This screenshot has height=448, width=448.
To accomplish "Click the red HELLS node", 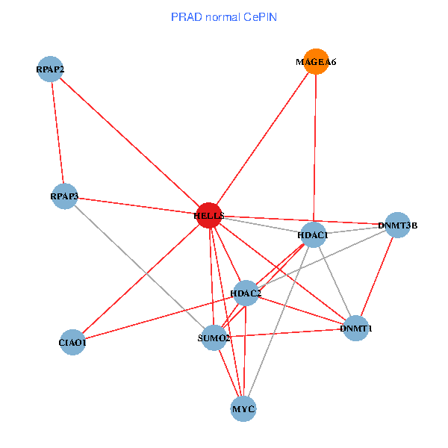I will click(209, 215).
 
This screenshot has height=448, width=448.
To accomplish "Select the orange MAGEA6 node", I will click(316, 62).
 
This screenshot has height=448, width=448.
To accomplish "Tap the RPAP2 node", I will click(50, 69).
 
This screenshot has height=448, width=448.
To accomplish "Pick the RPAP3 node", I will click(64, 196).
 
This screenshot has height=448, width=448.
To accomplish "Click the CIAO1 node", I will click(72, 343).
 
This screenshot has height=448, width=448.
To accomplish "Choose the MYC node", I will click(243, 408).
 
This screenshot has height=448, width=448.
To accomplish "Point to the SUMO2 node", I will click(214, 338).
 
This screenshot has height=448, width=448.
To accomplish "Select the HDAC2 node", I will click(246, 293).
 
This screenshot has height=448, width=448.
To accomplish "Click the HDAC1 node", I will click(313, 235).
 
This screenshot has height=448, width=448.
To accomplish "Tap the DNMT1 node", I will click(356, 329).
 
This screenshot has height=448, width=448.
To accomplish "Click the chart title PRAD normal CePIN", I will click(224, 16).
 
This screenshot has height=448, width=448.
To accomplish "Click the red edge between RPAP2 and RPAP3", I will click(57, 133).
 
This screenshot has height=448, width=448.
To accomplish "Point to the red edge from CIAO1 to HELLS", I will click(141, 279).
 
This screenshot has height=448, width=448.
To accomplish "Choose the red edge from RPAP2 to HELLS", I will click(129, 142).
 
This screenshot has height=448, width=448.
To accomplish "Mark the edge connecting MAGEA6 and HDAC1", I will click(314, 149).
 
